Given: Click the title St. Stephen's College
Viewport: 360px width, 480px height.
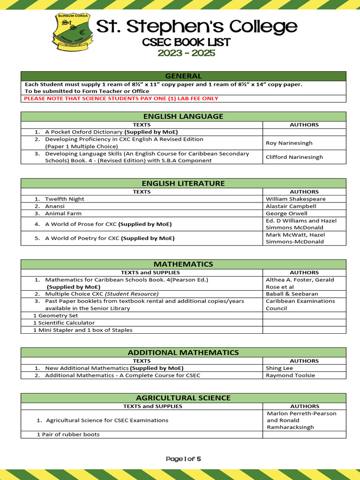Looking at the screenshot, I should (x=197, y=26).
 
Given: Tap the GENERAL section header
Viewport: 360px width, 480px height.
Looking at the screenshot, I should (x=183, y=76).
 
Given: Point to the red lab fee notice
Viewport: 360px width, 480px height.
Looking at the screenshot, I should (x=121, y=98).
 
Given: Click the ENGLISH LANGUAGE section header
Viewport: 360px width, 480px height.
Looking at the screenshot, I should (x=183, y=116).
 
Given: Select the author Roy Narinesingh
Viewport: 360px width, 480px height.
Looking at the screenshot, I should (x=289, y=143).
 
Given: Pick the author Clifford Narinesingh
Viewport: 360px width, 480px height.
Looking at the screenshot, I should (x=294, y=157).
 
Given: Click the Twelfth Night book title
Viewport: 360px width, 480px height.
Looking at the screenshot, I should (x=65, y=199).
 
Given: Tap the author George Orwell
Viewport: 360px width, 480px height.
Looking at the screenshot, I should (x=286, y=213).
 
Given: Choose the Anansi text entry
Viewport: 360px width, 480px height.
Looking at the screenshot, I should (x=55, y=206).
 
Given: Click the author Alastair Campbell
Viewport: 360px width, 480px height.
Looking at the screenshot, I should (x=291, y=206).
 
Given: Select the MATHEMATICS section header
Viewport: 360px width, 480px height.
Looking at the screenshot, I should (x=183, y=264).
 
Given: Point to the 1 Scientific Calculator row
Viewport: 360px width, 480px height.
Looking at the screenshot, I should (x=64, y=322).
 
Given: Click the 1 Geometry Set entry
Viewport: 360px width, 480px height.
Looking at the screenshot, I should (x=55, y=315).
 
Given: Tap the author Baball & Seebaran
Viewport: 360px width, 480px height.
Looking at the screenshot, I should (x=292, y=294).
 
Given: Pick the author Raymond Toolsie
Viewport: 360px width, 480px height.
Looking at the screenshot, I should (x=290, y=375).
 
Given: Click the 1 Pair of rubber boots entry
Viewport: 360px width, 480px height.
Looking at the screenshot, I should (x=68, y=435).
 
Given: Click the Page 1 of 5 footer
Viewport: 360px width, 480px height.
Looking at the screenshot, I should (x=183, y=459).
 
